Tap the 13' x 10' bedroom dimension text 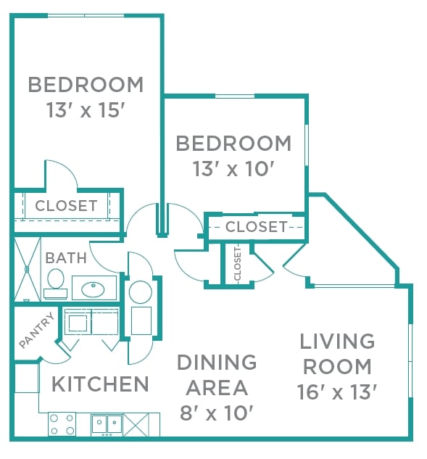tap(233, 169)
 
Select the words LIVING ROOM tap(337, 353)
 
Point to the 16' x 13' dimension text tap(337, 392)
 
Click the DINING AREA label tap(217, 374)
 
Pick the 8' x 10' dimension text tap(217, 413)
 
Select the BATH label tap(65, 257)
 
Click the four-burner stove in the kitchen tap(62, 423)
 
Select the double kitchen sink tap(107, 423)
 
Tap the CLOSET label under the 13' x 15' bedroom tap(66, 206)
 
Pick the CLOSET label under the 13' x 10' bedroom tap(256, 227)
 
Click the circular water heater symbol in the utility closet tap(140, 291)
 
